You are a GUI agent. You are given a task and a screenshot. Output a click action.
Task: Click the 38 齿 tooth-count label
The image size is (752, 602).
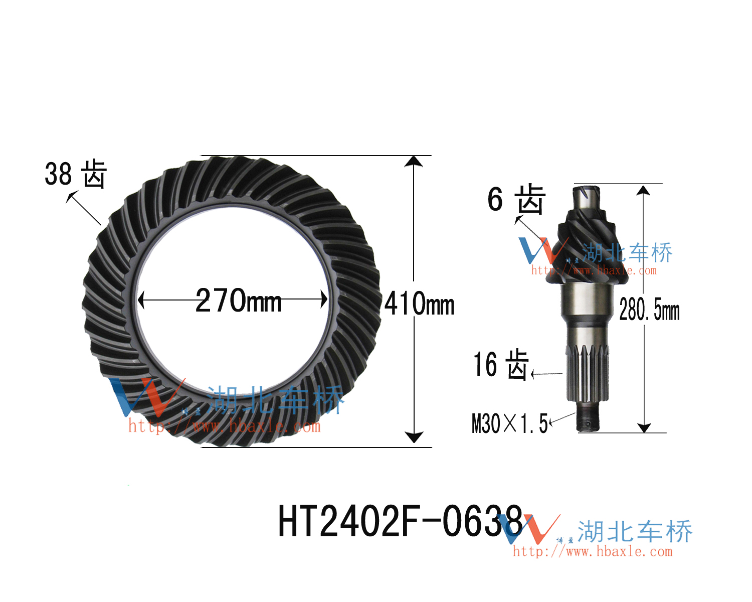click(x=76, y=174)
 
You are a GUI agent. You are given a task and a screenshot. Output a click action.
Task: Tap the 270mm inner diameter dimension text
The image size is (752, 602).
click(x=238, y=300)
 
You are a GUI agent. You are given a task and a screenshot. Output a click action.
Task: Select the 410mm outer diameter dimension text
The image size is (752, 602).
click(x=419, y=303)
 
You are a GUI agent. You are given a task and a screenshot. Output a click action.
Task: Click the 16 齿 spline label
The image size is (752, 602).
click(x=501, y=365)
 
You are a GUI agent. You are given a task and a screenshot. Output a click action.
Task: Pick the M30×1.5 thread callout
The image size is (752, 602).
click(x=509, y=423)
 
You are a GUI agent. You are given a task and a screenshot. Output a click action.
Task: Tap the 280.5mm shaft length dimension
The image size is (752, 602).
click(x=649, y=310)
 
